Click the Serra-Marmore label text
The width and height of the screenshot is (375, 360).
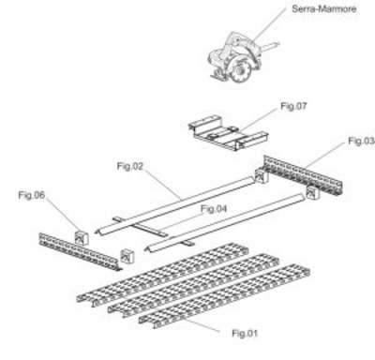(324, 8)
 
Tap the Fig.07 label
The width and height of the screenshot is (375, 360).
(293, 106)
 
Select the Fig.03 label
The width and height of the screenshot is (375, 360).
(361, 142)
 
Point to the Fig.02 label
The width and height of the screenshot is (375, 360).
(130, 166)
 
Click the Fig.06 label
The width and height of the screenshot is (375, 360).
(32, 195)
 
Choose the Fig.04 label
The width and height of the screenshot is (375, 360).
(214, 208)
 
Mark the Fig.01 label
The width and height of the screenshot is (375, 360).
(245, 333)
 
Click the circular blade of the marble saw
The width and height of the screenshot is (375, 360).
(241, 71)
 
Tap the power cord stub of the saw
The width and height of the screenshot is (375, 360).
(270, 47)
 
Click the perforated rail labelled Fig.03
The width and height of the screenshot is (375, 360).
(303, 174)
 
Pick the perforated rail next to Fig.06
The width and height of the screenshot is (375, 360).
(79, 251)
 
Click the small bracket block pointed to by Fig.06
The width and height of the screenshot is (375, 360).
(82, 239)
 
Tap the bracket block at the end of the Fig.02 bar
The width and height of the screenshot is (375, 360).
(262, 176)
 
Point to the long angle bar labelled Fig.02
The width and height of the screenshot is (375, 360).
(175, 206)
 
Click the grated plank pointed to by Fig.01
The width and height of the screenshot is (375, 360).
(224, 297)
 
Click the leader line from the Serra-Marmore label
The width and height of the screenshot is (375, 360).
(269, 25)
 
